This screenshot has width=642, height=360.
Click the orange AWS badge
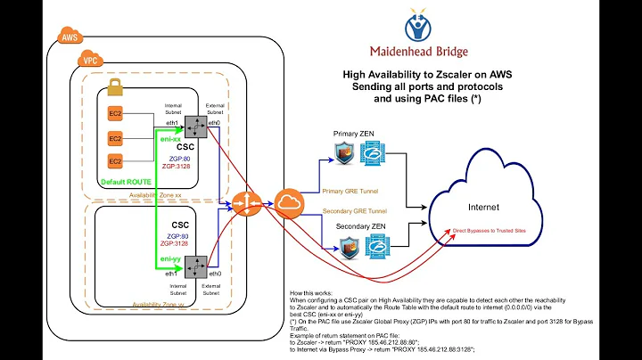[x=69, y=37]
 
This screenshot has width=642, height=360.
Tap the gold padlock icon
[x=114, y=87]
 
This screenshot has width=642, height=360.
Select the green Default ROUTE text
[x=127, y=181]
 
